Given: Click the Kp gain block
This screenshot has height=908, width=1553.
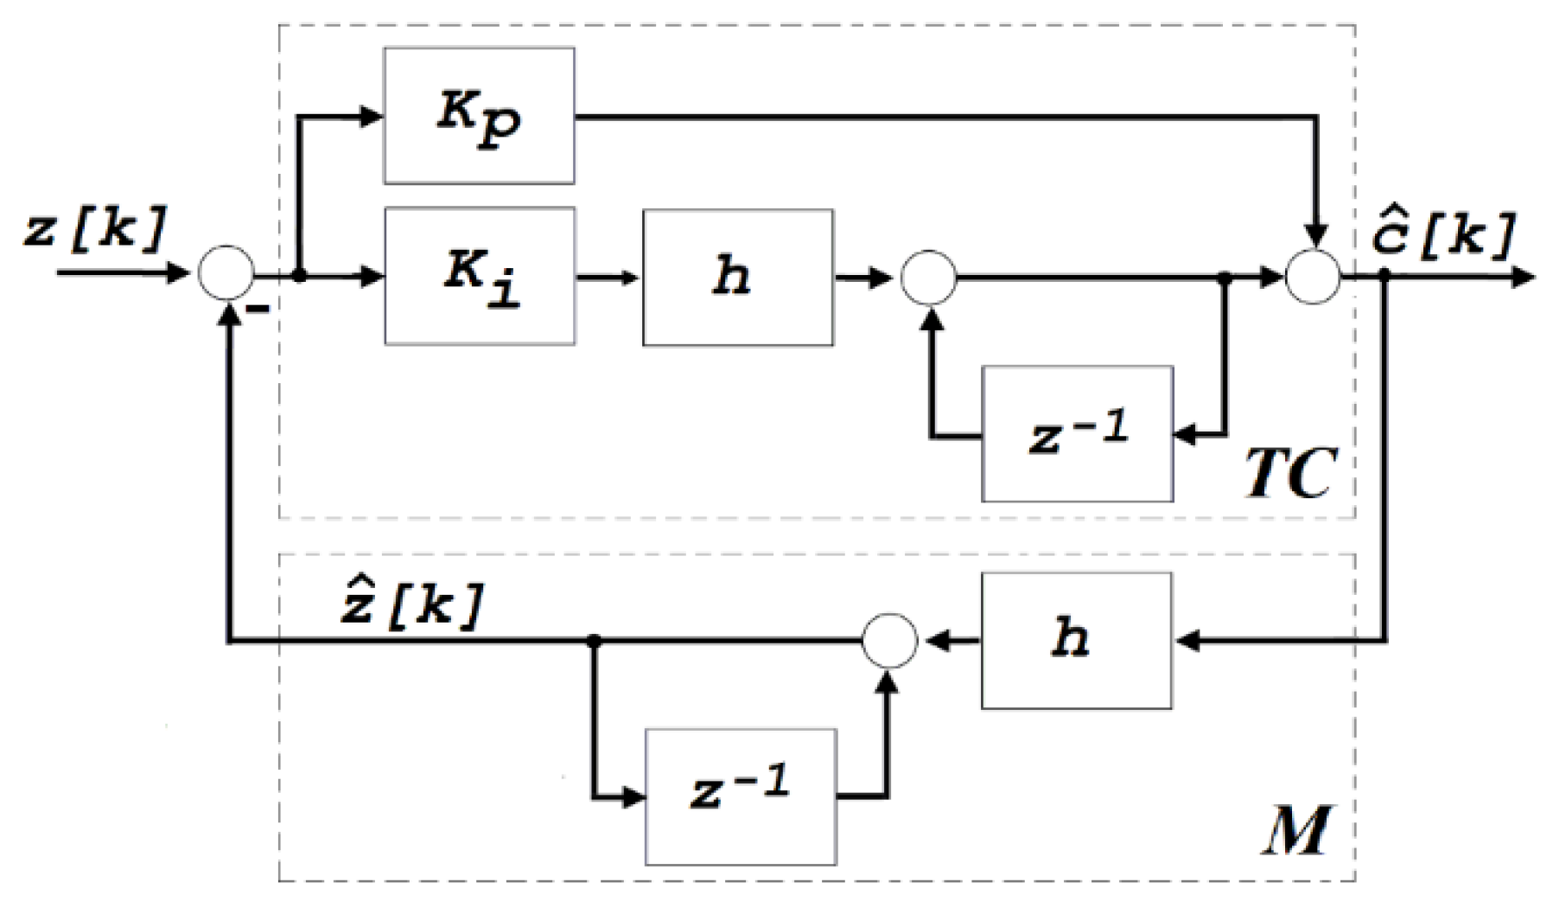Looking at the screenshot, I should point(479,115).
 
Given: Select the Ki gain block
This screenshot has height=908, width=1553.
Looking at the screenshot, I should point(480,276).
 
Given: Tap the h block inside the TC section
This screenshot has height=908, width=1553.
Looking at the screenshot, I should point(737,277).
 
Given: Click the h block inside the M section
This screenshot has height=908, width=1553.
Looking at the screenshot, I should point(1076,640).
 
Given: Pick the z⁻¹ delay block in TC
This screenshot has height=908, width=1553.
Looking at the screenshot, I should point(1077,433).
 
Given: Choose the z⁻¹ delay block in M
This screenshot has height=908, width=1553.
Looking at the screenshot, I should point(741,796).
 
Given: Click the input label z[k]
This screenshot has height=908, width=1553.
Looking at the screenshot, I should point(93,230).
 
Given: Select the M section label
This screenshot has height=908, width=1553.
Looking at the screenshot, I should point(1296,831).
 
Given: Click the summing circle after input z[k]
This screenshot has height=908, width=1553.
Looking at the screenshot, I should point(226,273).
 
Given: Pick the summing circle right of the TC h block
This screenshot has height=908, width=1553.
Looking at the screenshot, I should point(929,278).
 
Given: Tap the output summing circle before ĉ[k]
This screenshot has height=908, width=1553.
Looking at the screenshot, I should point(1313,277).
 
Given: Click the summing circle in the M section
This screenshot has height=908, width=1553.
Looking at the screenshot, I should point(889,641).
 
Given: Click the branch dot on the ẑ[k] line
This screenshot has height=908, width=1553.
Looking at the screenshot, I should point(594,641).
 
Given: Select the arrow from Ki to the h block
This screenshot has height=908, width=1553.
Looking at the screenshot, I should point(608,278).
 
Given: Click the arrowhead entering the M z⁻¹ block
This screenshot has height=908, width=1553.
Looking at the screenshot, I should point(634,796).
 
